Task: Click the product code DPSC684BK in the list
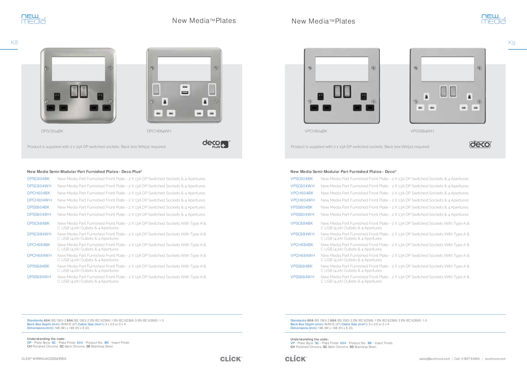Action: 38,223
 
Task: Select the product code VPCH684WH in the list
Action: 303,255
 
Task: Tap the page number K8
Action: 14,43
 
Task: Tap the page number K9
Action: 512,43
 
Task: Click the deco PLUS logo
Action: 216,144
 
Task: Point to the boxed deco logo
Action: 481,144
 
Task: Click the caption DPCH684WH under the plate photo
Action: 159,131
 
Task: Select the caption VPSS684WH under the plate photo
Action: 422,131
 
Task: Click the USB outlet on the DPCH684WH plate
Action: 185,90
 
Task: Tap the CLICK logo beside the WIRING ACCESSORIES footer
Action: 231,359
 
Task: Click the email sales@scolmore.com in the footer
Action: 434,359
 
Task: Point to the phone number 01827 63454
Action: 470,359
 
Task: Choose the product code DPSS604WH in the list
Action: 39,215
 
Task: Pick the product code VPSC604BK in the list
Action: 302,179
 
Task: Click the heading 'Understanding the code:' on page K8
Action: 46,339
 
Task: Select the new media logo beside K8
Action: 33,19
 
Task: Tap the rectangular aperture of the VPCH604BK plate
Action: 342,69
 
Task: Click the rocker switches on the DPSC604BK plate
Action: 79,91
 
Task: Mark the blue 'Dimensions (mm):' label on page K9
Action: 304,328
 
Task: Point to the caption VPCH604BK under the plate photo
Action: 316,131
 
